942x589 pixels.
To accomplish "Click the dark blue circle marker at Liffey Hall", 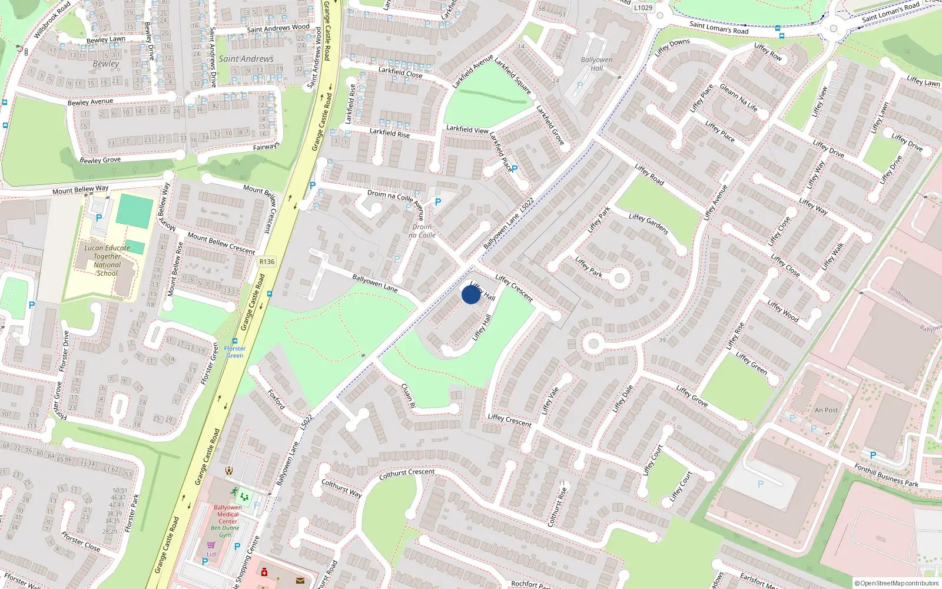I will point(470,294).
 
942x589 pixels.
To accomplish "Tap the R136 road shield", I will point(267,262).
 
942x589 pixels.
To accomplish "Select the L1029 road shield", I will point(643,8).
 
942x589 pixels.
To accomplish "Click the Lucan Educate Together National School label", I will point(107,260).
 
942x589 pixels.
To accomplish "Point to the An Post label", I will point(826,410).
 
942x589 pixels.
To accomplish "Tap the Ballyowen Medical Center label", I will point(228,514).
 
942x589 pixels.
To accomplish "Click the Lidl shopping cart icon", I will point(211,545).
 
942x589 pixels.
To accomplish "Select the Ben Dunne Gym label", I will point(225,531).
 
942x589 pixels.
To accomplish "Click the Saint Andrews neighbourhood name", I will point(246,59).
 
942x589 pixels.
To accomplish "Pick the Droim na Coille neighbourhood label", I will point(422,231).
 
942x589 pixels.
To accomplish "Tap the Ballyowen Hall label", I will point(596,64).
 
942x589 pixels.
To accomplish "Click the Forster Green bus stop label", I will point(235,352).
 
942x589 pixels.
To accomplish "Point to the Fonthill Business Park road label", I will point(886,475).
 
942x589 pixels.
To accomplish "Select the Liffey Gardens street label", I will point(648,224).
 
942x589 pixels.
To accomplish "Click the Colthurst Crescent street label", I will point(407,474).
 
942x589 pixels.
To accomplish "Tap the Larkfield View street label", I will point(467,129).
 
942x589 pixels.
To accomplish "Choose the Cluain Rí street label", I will point(408,395).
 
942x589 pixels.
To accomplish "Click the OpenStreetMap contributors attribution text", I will point(897,584).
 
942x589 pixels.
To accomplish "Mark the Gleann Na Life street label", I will point(738,98).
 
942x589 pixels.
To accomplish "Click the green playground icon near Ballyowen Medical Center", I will point(244,497).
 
